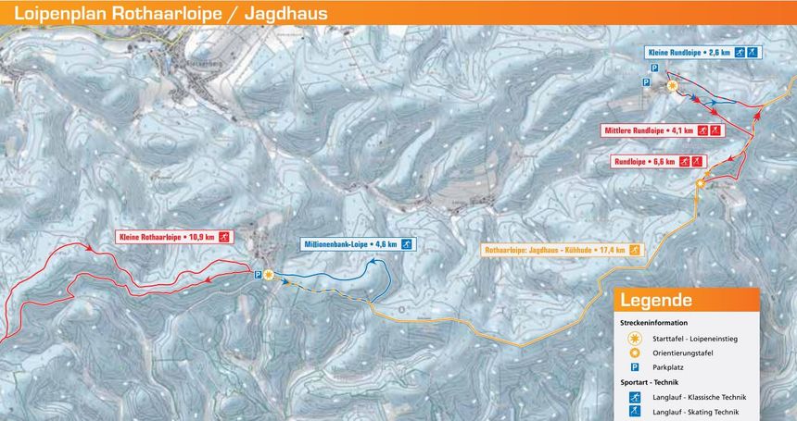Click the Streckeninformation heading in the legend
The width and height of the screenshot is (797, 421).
[653, 323]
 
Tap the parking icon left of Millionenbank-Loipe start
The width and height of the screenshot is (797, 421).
[258, 274]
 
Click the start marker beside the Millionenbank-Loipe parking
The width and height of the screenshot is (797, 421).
[269, 274]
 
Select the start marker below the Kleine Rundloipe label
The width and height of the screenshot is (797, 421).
[673, 86]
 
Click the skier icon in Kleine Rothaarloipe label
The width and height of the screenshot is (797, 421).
[225, 237]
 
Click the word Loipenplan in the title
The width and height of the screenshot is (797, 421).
[57, 13]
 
